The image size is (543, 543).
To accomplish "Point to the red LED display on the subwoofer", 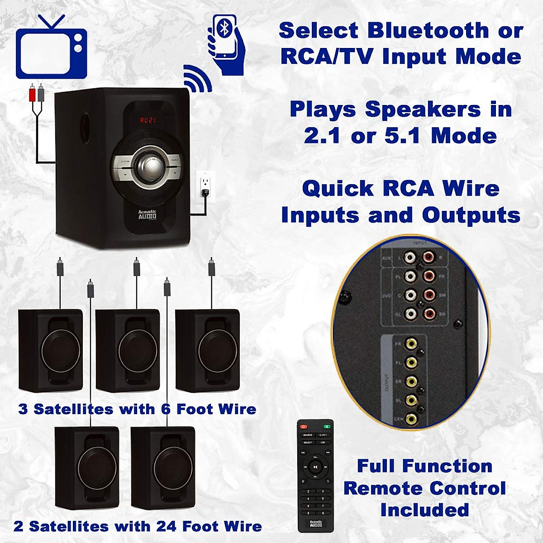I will coord(148,120).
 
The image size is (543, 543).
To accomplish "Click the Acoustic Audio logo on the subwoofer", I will coord(147,214).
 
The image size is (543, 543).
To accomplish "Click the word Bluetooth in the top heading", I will coord(428,31).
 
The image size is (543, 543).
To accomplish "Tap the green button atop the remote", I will coord(327,426).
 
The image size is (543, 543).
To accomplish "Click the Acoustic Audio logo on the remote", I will coord(316,524).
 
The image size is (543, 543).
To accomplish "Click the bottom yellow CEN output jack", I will coord(411,419).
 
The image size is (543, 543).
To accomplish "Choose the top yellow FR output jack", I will coord(411,344).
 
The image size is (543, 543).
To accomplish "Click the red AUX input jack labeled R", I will coord(428,258).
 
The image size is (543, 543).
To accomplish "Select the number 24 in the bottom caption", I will coord(166,526).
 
